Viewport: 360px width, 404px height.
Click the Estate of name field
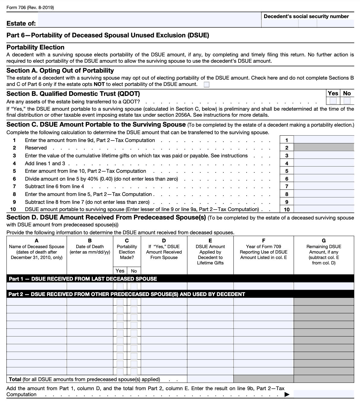(149, 20)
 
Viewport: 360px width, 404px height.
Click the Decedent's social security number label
(306, 16)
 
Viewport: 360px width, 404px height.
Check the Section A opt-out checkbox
(207, 84)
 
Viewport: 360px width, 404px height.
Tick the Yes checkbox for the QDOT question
(333, 100)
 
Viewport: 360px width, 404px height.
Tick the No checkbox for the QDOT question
(347, 100)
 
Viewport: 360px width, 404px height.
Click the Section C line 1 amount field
(324, 140)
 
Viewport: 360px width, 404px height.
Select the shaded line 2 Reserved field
(324, 147)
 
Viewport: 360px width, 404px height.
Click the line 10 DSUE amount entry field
(324, 210)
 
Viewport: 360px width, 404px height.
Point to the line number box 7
(287, 187)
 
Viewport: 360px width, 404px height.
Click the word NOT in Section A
(99, 84)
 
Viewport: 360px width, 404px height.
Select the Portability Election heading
(35, 47)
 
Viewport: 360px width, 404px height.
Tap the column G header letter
(324, 241)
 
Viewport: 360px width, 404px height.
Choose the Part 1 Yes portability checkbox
(120, 286)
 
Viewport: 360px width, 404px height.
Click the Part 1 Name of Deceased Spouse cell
(36, 286)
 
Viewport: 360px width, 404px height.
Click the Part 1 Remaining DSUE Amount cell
(324, 286)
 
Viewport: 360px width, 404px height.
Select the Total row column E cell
(210, 379)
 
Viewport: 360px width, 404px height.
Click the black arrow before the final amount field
(287, 394)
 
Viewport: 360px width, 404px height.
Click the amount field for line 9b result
(324, 394)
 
